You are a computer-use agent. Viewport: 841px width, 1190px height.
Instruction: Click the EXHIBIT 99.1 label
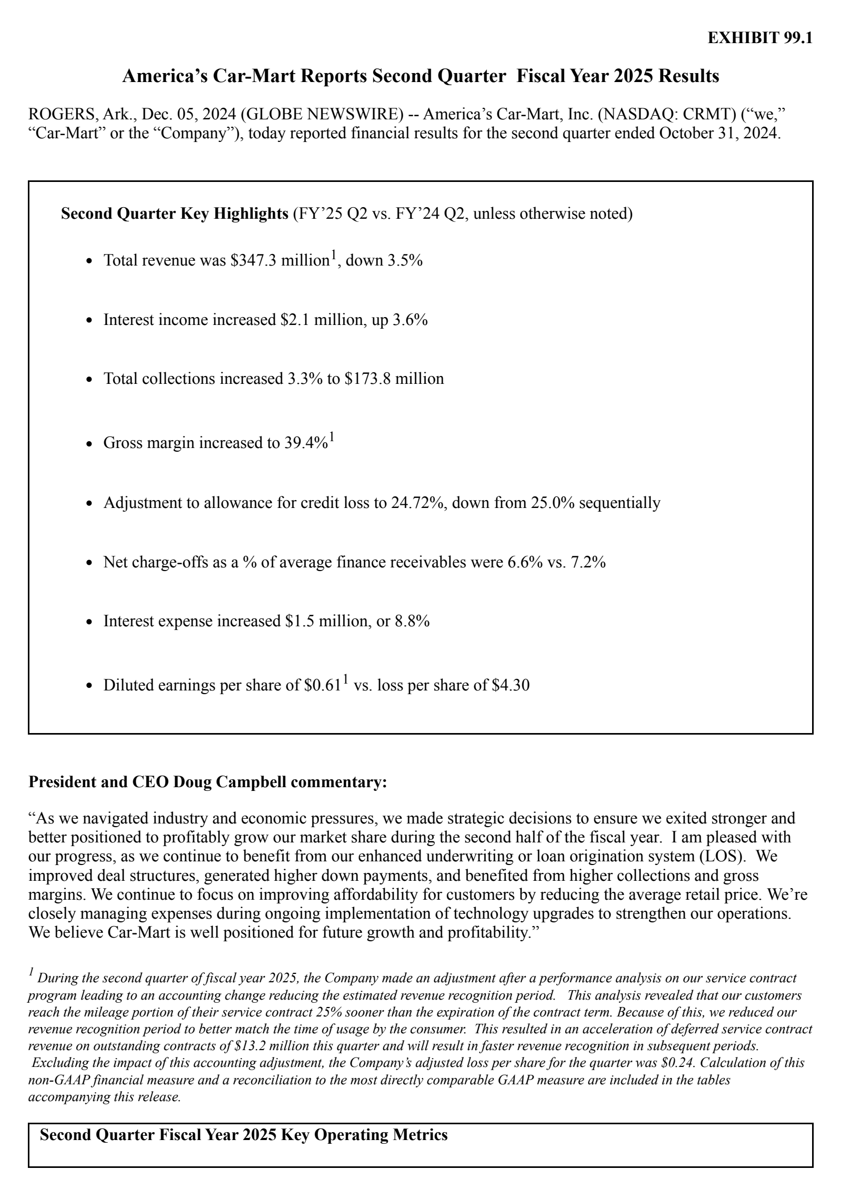click(760, 38)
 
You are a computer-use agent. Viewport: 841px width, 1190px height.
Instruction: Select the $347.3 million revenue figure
click(279, 260)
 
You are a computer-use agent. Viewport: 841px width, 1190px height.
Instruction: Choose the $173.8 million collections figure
click(394, 379)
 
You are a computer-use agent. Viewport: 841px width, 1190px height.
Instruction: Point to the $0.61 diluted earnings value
click(322, 686)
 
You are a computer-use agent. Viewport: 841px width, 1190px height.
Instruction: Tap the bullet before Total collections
click(89, 380)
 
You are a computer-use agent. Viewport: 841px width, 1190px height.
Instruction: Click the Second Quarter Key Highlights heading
click(174, 214)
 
